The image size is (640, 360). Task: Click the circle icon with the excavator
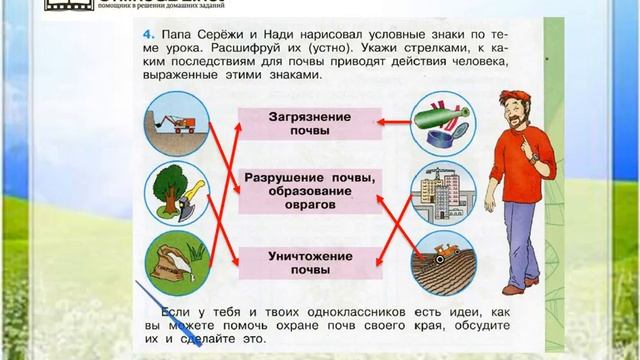175,121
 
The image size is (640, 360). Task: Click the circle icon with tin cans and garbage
440,119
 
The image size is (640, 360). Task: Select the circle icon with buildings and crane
440,189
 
